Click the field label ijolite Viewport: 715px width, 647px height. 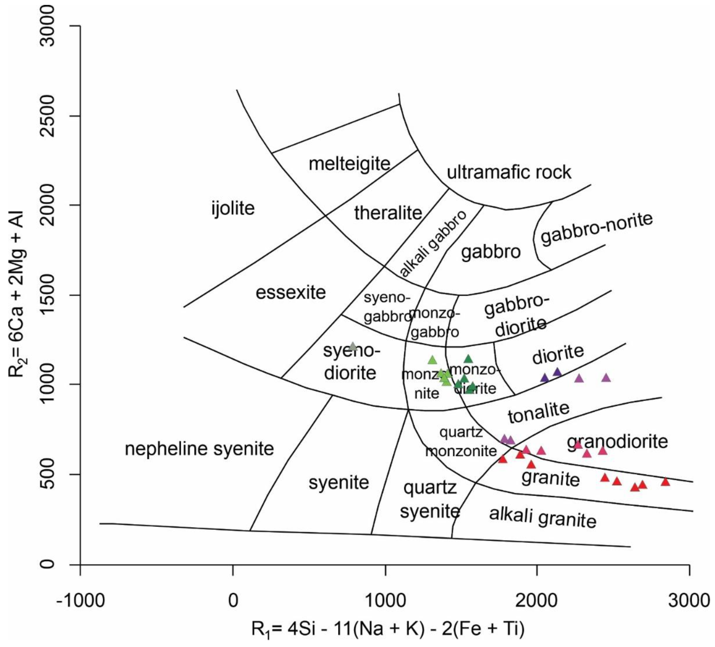point(233,208)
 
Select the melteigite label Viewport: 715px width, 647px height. point(349,164)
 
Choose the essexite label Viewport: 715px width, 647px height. point(291,293)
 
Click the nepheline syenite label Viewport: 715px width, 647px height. point(199,449)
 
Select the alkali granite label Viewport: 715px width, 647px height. point(543,517)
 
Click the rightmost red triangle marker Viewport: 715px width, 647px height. point(665,482)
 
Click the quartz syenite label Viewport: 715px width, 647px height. point(430,500)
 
